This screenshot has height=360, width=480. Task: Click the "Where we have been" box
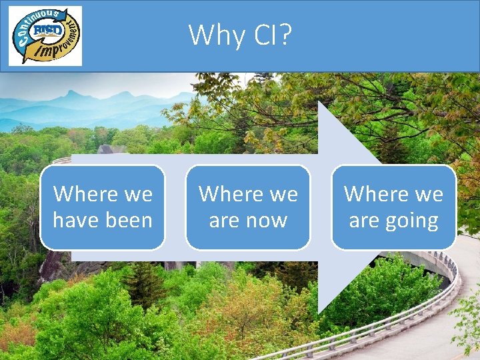pyautogui.click(x=103, y=207)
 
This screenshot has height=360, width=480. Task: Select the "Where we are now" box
pyautogui.click(x=248, y=207)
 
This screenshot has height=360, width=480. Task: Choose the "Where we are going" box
pyautogui.click(x=393, y=207)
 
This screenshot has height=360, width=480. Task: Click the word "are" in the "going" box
pyautogui.click(x=364, y=221)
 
